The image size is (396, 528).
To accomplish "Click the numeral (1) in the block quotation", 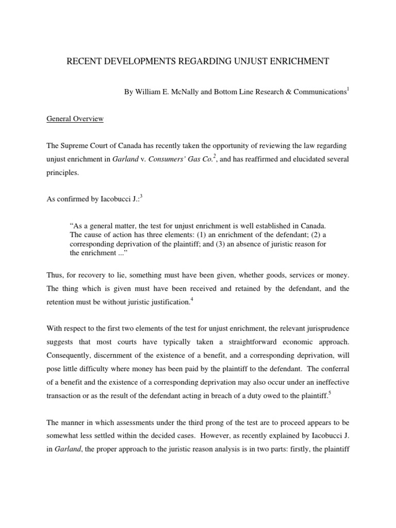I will (199, 235).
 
